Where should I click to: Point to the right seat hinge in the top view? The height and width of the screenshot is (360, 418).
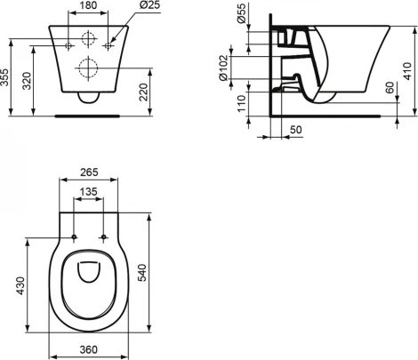(104, 236)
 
